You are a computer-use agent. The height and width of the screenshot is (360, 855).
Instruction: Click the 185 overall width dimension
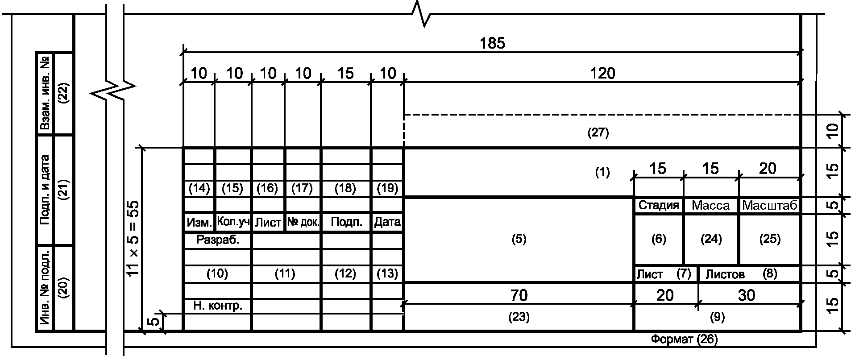click(493, 43)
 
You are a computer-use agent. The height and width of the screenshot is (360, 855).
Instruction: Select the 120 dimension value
click(602, 73)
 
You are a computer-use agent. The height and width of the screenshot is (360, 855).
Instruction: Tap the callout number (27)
click(598, 132)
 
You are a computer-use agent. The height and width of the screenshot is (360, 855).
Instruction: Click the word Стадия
click(659, 205)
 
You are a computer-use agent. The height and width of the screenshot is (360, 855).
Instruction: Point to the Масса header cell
click(710, 206)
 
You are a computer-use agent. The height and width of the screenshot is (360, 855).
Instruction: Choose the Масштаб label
click(769, 206)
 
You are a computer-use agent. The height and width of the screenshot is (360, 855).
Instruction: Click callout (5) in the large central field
click(519, 239)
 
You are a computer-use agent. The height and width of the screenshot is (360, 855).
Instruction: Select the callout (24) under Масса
click(711, 239)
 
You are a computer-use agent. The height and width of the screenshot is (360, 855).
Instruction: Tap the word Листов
click(725, 274)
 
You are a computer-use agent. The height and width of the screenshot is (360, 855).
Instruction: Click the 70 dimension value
click(519, 295)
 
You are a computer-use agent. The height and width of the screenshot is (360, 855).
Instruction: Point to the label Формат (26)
click(684, 339)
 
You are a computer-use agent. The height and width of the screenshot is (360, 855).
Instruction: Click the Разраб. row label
click(218, 240)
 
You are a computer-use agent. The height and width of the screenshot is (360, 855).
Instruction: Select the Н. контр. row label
click(218, 306)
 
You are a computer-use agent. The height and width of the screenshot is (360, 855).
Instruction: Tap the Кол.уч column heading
click(233, 222)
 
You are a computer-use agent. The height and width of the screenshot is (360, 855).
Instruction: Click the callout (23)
click(519, 317)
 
